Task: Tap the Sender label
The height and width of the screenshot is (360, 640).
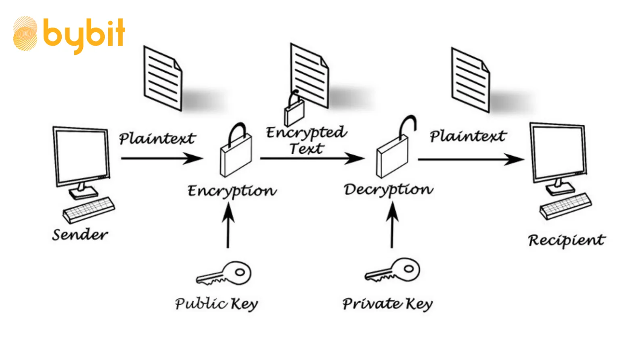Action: click(80, 234)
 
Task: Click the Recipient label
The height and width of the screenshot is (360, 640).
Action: click(567, 240)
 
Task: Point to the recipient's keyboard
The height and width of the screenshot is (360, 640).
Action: click(565, 206)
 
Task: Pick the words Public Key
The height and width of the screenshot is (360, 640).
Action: click(216, 304)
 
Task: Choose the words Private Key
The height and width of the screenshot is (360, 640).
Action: click(387, 304)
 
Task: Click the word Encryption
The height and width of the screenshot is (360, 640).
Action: click(232, 191)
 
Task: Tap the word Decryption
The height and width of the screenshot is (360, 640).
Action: click(388, 190)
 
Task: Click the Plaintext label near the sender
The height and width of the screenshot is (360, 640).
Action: click(157, 138)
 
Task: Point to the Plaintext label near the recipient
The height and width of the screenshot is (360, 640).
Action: click(467, 136)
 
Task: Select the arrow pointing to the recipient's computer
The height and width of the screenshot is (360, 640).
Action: click(471, 159)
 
